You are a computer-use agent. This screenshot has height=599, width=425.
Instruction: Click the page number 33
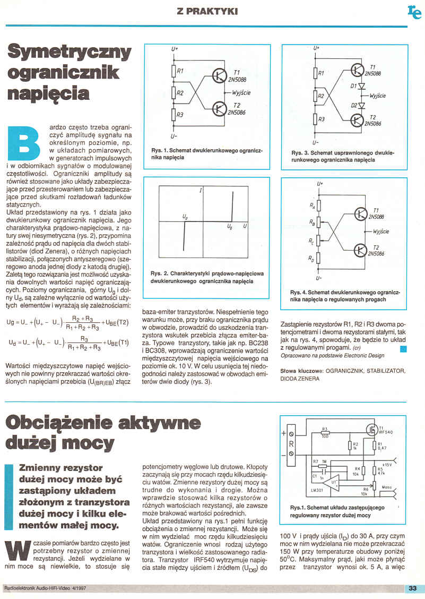pyautogui.click(x=413, y=588)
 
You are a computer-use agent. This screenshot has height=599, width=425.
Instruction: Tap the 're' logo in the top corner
pyautogui.click(x=414, y=12)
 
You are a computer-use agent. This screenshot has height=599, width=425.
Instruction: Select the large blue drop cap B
pyautogui.click(x=25, y=142)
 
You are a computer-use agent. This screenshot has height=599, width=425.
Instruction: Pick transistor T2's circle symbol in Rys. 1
pyautogui.click(x=219, y=109)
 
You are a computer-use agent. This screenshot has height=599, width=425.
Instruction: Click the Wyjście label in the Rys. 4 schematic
pyautogui.click(x=382, y=232)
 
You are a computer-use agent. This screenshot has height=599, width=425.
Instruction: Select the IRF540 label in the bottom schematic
pyautogui.click(x=385, y=433)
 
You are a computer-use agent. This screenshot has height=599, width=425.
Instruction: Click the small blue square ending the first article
pyautogui.click(x=403, y=348)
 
